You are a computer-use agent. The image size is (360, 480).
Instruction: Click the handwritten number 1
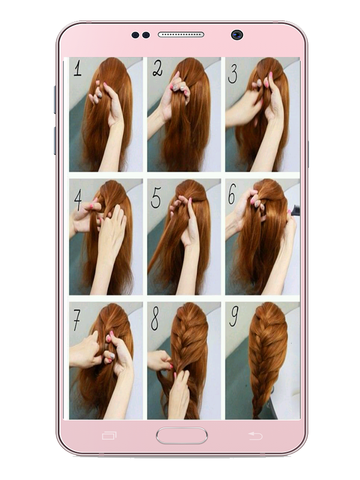click(x=78, y=68)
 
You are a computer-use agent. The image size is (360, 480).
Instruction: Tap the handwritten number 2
click(x=158, y=68)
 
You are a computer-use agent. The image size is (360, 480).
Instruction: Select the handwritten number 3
click(x=233, y=73)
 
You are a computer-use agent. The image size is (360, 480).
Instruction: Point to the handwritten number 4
click(x=78, y=199)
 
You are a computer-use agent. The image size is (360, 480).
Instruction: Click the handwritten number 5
click(x=156, y=198)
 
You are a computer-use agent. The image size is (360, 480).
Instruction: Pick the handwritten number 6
click(x=232, y=194)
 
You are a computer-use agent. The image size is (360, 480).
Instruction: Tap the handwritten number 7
click(x=77, y=320)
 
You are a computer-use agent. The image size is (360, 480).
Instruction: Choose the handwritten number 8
click(x=155, y=318)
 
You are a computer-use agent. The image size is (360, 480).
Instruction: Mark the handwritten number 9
click(x=233, y=317)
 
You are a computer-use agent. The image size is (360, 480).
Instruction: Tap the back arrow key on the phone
click(x=255, y=436)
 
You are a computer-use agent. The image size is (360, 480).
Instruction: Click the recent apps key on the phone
click(x=109, y=436)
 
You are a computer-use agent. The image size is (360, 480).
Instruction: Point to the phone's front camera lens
click(x=237, y=35)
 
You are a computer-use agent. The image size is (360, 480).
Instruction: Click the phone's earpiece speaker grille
click(x=181, y=35)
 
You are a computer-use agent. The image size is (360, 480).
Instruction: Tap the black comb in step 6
click(x=295, y=211)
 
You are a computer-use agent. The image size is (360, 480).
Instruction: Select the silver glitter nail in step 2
click(x=175, y=88)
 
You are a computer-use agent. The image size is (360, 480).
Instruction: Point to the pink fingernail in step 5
click(x=190, y=200)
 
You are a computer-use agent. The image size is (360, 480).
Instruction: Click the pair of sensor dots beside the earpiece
click(x=141, y=35)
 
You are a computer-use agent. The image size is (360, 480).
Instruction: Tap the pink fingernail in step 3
click(x=271, y=74)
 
